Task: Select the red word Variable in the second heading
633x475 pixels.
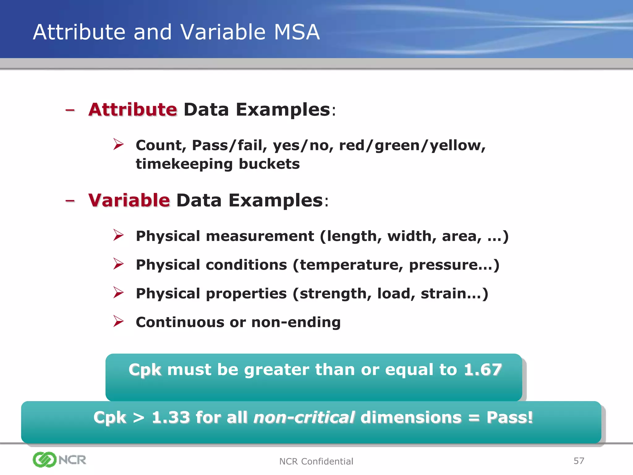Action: [129, 200]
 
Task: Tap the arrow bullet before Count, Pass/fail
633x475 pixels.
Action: [118, 144]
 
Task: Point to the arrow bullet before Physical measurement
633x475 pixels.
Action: [118, 235]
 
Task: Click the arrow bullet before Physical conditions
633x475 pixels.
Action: [118, 264]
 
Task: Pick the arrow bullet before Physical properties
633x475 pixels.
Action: [118, 293]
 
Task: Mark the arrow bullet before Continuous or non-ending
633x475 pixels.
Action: [118, 321]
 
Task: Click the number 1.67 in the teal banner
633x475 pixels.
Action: [483, 369]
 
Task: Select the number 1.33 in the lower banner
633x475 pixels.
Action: [171, 417]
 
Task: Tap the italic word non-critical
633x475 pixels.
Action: [304, 417]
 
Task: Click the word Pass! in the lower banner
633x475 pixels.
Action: [510, 417]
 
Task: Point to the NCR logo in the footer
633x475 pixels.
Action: [59, 460]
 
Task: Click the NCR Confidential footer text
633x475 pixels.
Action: [316, 461]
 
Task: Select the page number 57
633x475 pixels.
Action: [579, 461]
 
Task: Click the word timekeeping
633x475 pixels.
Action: [184, 164]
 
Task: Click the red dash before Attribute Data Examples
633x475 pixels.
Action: [70, 110]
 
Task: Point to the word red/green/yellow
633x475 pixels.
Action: [412, 145]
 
